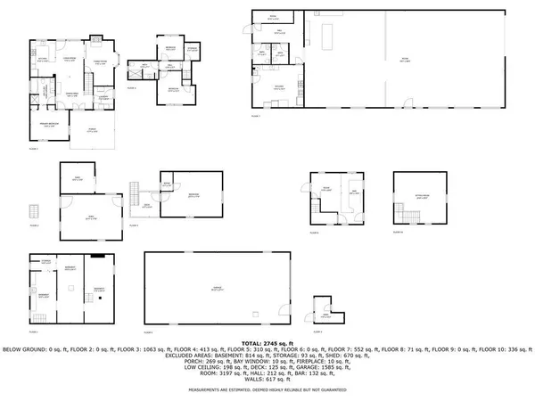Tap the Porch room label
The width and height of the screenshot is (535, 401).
[92, 130]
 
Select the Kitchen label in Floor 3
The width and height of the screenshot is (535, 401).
[42, 61]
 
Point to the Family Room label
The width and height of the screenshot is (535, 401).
[102, 60]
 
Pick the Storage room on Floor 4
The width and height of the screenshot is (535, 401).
[193, 49]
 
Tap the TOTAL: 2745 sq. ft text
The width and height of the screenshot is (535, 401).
[267, 342]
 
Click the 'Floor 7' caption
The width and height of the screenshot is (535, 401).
[256, 116]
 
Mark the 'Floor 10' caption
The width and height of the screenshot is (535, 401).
[399, 232]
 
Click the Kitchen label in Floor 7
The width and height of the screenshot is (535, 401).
[279, 86]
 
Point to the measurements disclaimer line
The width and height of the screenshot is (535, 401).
[267, 389]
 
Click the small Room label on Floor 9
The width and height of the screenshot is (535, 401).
[326, 315]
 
